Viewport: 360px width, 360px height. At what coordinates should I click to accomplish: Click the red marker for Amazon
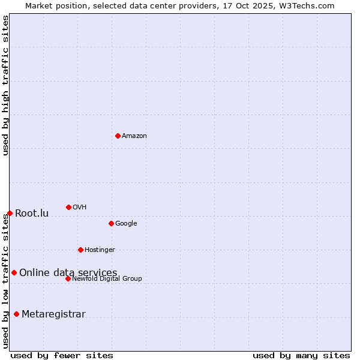click(118, 136)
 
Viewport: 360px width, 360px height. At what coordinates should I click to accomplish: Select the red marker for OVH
click(68, 207)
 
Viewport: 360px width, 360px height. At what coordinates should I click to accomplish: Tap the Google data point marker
click(111, 223)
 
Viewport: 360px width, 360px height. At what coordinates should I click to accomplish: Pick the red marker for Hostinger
click(80, 250)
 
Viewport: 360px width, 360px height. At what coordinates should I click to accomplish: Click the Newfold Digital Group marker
click(68, 278)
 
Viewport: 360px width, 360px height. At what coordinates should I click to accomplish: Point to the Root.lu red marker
click(10, 213)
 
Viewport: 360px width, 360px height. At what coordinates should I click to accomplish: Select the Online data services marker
click(14, 272)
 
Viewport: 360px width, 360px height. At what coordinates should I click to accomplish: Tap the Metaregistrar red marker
click(16, 314)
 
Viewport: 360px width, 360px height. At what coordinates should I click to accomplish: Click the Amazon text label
click(134, 136)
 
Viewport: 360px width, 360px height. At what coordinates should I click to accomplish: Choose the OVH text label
click(80, 208)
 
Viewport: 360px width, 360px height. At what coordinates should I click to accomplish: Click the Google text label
click(126, 224)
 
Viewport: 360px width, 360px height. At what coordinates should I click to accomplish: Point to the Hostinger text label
click(100, 250)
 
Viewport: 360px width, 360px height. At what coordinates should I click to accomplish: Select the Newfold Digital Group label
click(107, 279)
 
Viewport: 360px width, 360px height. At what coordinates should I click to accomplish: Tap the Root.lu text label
click(32, 214)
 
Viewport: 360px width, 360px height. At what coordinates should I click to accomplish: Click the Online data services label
click(68, 273)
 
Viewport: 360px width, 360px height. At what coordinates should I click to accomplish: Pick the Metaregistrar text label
click(53, 314)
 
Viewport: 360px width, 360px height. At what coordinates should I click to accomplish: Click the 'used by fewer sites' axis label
click(62, 355)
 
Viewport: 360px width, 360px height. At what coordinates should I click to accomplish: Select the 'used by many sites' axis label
click(301, 355)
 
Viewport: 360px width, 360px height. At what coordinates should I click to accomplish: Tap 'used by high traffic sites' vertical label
click(5, 85)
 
